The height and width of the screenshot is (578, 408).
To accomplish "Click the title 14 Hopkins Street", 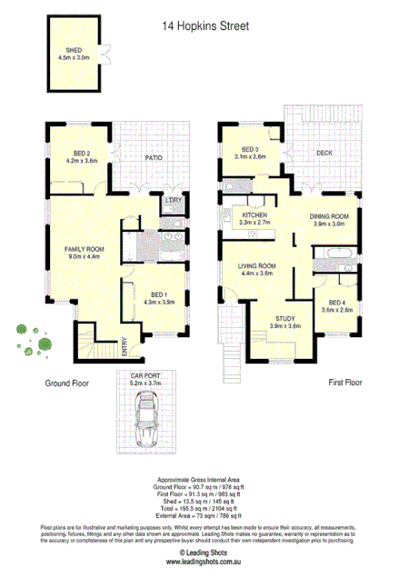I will coord(204,26).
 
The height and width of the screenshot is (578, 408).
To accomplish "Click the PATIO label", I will coord(152,157).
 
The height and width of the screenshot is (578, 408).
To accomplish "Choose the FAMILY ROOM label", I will coord(85,248).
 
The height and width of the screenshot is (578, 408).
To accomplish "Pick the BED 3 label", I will coord(251,149).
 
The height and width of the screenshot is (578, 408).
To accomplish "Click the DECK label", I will coord(323,153).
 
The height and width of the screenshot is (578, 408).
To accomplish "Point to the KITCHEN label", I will coord(254,215).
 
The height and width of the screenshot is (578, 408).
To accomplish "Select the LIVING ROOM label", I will coord(257,266).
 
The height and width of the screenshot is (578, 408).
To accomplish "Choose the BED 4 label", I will coord(336,302).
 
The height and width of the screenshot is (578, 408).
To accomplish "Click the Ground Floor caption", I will coord(66,384).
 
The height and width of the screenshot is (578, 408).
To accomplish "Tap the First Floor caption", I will coord(345,384).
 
